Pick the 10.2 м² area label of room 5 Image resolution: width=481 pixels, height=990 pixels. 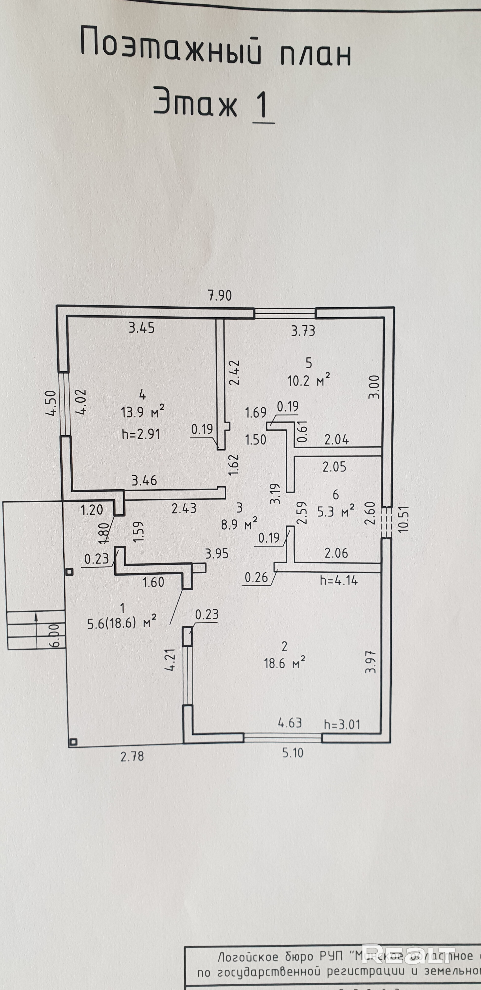point(308,381)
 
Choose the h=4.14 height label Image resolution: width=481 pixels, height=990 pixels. point(338,580)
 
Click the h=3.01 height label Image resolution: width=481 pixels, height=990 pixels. point(342,725)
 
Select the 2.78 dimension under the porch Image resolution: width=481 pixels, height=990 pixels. point(132,756)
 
